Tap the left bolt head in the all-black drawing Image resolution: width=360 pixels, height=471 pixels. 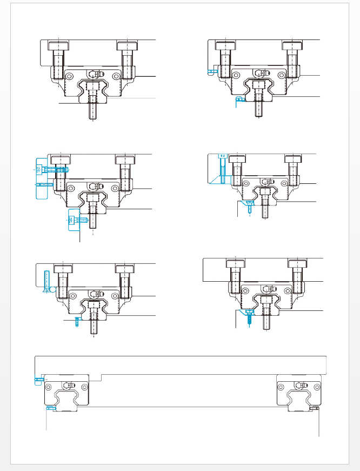point(58,46)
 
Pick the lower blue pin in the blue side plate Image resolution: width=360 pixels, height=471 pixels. point(43,184)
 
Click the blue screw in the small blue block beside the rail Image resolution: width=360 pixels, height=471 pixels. point(78,220)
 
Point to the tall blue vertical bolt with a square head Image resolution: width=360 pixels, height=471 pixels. point(222,168)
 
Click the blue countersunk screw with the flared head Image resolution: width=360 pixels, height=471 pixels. point(48,282)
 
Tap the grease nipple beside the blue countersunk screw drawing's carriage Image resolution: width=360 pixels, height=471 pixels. point(96,294)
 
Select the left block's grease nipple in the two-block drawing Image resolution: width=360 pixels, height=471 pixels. point(68,385)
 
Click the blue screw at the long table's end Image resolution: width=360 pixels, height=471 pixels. point(39,380)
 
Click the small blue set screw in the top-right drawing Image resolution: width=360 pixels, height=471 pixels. point(211,70)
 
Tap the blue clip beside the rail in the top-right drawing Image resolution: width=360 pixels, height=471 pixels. point(240,99)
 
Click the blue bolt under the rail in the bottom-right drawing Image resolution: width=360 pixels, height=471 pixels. point(249,316)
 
